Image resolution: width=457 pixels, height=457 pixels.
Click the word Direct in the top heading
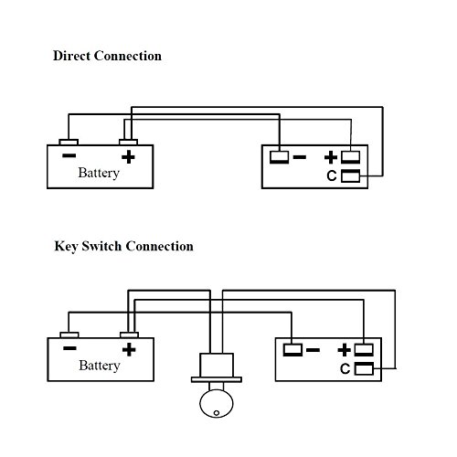click(71, 56)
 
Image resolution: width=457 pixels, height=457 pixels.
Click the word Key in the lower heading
click(65, 247)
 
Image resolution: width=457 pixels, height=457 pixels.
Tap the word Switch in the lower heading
click(101, 246)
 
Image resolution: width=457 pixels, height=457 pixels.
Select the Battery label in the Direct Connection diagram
click(99, 173)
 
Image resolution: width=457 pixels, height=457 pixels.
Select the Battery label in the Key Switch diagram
click(100, 366)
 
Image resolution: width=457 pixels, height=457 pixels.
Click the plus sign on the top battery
click(128, 156)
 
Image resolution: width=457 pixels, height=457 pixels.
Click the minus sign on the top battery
click(69, 155)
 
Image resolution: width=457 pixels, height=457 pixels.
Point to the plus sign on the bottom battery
click(129, 349)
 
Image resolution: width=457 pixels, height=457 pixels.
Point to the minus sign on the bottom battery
click(69, 348)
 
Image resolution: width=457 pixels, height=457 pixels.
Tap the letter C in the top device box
click(332, 175)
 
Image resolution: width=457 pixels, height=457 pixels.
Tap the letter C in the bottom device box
click(345, 368)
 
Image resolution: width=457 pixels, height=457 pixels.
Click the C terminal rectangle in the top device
click(350, 176)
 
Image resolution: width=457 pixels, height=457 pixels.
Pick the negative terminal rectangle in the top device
click(279, 157)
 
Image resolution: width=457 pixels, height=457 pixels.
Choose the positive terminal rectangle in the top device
click(350, 157)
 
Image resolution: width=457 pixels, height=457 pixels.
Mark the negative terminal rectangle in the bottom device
click(292, 350)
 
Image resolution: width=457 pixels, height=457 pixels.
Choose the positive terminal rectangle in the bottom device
click(364, 350)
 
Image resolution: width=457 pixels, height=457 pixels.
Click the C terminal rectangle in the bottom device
click(364, 368)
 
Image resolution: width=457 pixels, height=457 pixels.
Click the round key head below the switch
click(217, 403)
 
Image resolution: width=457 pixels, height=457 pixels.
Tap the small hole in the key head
click(217, 413)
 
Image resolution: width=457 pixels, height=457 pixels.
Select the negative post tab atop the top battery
click(69, 142)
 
